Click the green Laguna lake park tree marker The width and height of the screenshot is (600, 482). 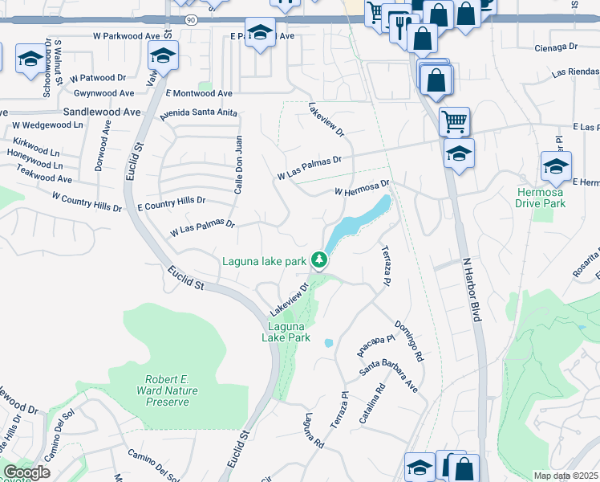pos(319,259)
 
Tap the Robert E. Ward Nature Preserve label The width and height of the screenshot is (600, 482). pos(172,390)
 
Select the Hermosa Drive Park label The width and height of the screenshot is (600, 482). pos(541,198)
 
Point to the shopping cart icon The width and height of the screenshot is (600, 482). pos(454,122)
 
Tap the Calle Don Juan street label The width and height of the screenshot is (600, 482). pos(238,163)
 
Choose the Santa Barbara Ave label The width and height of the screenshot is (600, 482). pos(389,374)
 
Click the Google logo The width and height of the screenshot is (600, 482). pos(26,472)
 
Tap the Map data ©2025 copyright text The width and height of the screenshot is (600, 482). pos(566,476)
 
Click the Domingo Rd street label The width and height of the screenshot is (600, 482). pos(408,341)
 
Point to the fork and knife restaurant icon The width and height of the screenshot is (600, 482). pos(399,27)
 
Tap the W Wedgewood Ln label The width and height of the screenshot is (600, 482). pos(47,125)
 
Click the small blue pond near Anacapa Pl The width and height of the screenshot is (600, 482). pos(329,343)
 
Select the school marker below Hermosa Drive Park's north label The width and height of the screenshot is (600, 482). pos(556,165)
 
